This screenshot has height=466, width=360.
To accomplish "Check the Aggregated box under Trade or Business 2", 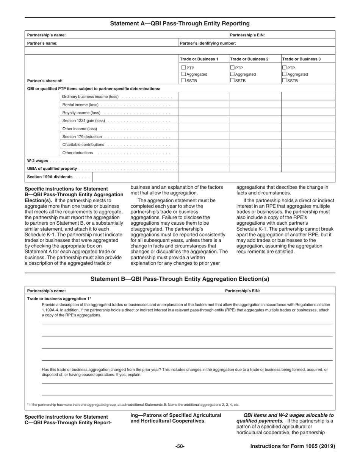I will tap(233, 75).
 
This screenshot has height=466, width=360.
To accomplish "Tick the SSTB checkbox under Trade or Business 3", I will tap(285, 81).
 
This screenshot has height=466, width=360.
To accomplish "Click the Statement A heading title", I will tap(180, 23).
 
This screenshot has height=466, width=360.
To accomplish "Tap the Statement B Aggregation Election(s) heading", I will tap(180, 279).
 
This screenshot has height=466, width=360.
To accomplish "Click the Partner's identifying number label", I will tap(208, 43).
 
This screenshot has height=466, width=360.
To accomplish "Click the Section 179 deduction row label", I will tap(82, 137).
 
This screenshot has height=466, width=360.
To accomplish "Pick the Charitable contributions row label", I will tap(83, 145).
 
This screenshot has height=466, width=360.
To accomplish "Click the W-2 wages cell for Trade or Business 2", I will tap(255, 161).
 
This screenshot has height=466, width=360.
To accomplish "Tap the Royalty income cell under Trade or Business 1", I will tap(204, 113).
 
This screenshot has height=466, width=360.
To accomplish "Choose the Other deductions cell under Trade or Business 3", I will tap(308, 153).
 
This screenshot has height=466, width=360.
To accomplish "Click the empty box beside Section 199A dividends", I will tap(136, 177).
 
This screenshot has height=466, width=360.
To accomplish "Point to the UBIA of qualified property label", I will tap(52, 169).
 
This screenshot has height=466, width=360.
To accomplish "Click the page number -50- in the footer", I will tap(180, 446).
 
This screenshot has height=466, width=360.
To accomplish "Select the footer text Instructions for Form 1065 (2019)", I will tap(293, 446).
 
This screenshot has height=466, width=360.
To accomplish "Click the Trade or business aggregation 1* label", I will tap(59, 299).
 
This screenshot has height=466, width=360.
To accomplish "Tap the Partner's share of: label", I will tap(45, 81).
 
